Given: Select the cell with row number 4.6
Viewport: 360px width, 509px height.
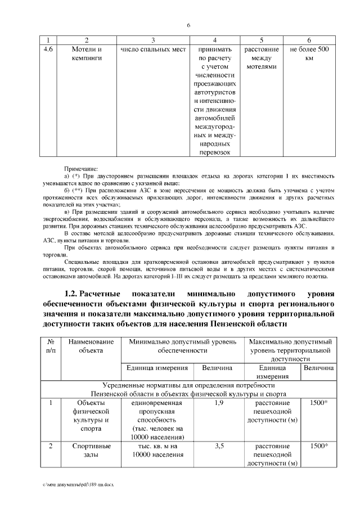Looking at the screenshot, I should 48,49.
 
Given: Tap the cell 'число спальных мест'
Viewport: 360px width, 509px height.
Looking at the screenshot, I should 153,49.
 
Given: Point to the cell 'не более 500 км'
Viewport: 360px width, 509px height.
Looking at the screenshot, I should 309,53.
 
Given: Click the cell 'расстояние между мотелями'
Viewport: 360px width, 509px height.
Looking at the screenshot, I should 261,58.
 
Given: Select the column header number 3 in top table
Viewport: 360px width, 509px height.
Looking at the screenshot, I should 153,40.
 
